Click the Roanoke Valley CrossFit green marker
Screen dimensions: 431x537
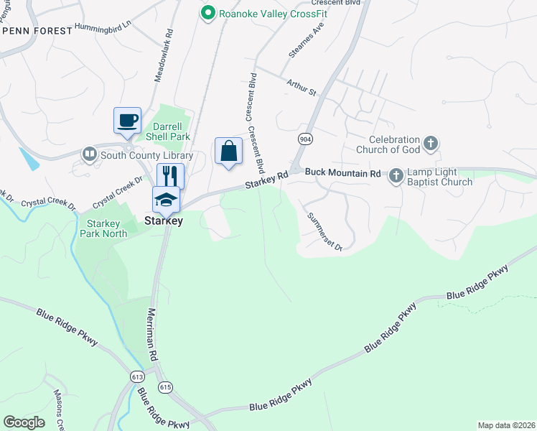(208, 12)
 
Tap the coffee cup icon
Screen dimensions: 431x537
(128, 120)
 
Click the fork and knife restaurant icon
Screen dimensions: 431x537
(170, 175)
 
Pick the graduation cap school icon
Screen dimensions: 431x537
(166, 199)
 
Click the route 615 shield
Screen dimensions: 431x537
(166, 387)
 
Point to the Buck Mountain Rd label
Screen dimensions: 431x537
(342, 173)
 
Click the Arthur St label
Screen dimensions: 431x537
(302, 88)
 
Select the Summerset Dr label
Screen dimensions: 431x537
(324, 231)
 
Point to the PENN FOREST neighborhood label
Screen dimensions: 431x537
(37, 31)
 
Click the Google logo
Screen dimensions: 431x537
(24, 422)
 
